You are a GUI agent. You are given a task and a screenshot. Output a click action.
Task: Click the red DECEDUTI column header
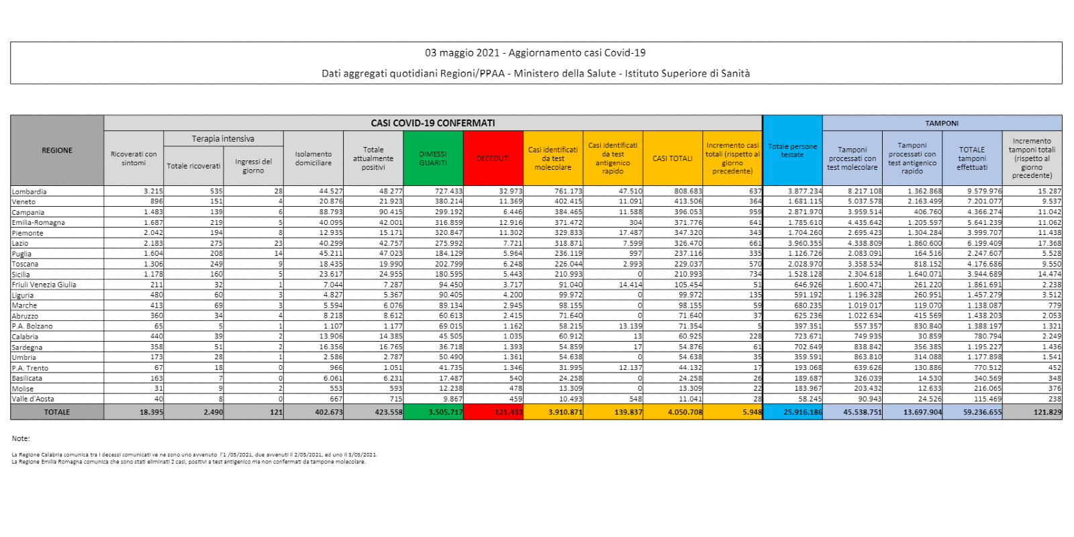493,158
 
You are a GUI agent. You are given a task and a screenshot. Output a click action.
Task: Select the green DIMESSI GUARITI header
433,158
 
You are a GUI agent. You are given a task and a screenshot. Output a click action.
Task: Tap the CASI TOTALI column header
673,158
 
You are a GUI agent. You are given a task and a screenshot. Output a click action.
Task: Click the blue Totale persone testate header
792,151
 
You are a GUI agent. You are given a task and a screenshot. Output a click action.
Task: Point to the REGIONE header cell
57,150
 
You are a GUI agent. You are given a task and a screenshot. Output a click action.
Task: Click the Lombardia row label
29,191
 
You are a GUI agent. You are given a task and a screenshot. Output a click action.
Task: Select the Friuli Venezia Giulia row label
44,285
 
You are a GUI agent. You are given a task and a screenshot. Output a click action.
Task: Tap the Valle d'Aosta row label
33,399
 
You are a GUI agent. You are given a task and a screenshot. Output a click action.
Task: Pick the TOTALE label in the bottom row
57,412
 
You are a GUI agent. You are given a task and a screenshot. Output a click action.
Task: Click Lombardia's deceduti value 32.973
510,191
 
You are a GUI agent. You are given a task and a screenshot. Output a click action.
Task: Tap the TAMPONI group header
942,124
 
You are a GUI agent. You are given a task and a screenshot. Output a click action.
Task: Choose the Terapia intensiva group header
223,139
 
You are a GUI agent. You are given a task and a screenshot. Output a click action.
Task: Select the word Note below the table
21,438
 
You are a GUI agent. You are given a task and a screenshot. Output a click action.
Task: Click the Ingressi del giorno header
253,166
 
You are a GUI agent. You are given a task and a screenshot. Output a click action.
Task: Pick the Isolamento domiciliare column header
313,158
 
